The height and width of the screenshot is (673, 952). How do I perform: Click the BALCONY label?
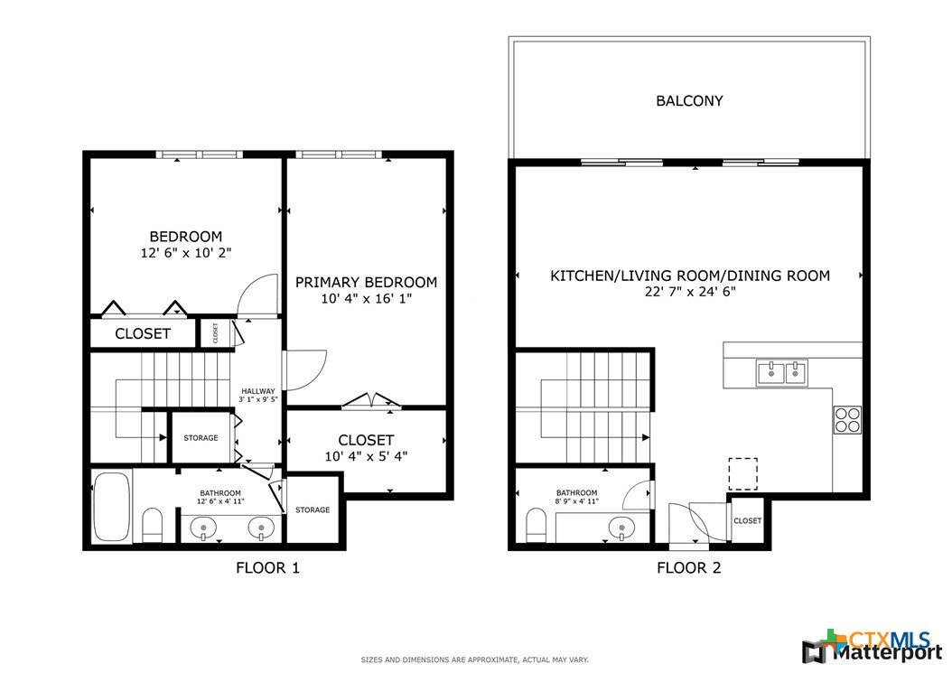[x=689, y=101]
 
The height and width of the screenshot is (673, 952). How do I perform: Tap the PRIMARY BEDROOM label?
[x=366, y=283]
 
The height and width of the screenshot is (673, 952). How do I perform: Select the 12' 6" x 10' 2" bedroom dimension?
[x=186, y=253]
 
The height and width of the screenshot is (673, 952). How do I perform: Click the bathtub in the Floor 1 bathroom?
[x=112, y=507]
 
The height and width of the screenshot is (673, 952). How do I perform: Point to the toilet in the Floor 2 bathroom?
[x=537, y=525]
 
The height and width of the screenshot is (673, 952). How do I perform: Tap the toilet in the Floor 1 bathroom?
[x=152, y=526]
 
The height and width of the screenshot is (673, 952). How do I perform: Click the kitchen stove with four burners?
[x=847, y=419]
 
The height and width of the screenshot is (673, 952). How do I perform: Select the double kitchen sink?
[x=782, y=372]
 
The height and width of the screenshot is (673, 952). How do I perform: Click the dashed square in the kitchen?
[x=743, y=473]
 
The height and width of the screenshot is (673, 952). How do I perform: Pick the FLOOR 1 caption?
[x=267, y=568]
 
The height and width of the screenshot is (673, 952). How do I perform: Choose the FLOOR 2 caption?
[x=689, y=568]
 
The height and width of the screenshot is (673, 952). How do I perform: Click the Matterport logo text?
[x=886, y=653]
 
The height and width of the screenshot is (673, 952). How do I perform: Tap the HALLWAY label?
[x=258, y=391]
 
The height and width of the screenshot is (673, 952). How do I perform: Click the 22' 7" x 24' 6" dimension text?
[x=690, y=292]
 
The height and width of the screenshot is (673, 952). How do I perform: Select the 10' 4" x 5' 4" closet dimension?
[x=366, y=456]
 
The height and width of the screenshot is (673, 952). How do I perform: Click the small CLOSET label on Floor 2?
[x=747, y=521]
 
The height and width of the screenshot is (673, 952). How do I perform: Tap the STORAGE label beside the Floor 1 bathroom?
[x=313, y=510]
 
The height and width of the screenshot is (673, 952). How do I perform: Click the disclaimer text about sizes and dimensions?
[x=475, y=659]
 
